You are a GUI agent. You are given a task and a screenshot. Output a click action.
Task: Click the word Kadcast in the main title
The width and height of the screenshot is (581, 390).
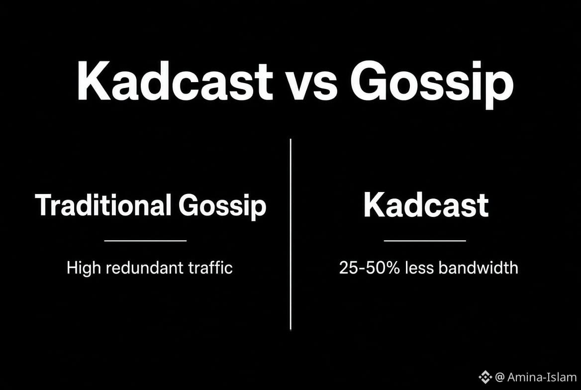[x=175, y=81]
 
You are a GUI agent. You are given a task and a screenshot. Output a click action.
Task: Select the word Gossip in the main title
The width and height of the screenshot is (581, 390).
[x=432, y=85]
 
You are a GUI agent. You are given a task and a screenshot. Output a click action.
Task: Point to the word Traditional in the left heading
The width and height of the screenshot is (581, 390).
[x=103, y=204]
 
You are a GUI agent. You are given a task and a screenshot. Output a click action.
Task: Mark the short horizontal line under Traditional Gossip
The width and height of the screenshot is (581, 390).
[x=145, y=241]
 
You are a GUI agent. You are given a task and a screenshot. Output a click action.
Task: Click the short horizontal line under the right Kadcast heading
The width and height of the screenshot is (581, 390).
[x=425, y=241]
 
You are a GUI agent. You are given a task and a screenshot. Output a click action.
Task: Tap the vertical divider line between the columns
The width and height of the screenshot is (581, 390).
[x=290, y=234]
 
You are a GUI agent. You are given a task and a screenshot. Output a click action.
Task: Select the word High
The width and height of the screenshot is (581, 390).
[x=84, y=268]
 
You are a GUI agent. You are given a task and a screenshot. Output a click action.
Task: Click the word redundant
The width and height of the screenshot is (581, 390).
[x=145, y=267]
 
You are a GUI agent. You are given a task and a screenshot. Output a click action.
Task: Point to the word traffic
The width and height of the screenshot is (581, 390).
[x=210, y=267]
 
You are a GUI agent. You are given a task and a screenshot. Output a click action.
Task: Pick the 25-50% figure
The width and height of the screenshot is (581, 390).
[x=370, y=268]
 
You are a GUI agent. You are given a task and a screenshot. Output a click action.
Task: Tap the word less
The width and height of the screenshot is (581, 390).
[x=419, y=268]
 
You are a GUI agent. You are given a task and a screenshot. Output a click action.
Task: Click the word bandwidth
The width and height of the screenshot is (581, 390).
[x=478, y=268]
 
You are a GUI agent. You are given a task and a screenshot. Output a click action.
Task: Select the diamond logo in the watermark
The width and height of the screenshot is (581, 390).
[x=485, y=377]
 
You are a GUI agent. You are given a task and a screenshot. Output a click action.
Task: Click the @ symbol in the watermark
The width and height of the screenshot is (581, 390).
[x=499, y=378]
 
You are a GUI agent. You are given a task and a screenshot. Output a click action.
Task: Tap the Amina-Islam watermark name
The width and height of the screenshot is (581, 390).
[x=542, y=377]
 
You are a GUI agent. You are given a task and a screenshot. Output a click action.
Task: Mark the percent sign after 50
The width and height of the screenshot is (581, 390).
[x=392, y=268]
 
